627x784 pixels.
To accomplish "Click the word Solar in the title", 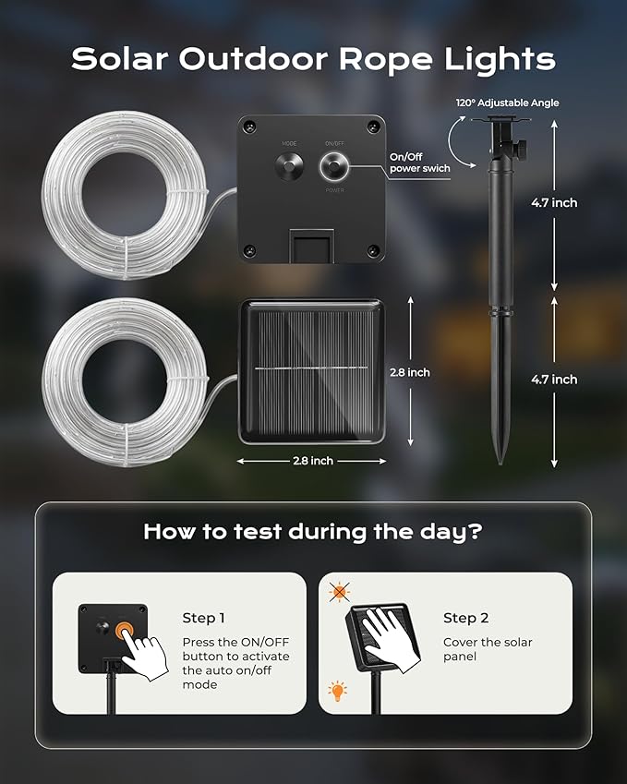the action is [119, 58].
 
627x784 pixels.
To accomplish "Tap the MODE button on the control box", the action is [289, 166].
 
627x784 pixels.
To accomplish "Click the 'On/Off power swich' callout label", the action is [419, 163].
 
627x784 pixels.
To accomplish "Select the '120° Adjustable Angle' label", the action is [507, 103].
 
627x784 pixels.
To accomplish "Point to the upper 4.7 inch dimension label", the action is [554, 202].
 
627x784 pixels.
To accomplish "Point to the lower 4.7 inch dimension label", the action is [554, 380].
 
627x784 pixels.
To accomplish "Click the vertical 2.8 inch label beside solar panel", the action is [409, 372].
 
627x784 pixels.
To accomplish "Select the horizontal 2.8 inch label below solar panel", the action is [313, 461].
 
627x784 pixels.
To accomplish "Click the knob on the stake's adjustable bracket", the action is [521, 149].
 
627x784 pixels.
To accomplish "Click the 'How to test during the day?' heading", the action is [313, 532].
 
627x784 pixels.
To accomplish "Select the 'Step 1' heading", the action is [203, 618].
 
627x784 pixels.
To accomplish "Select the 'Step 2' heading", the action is [465, 618].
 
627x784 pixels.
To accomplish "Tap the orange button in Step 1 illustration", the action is [125, 631].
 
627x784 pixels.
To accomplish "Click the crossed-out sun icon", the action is [339, 592].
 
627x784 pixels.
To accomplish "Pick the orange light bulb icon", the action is [337, 691].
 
